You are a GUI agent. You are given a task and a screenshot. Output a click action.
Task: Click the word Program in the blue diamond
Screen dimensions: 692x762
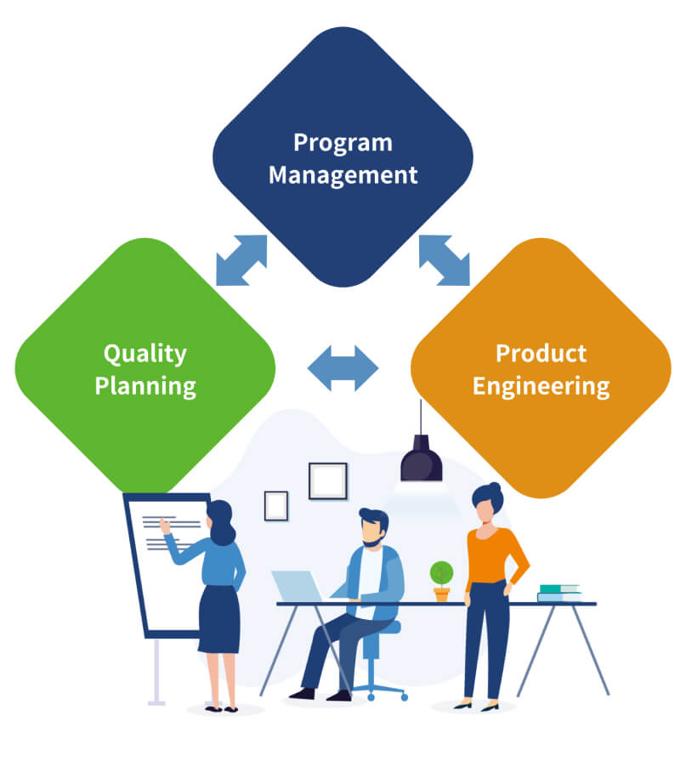point(343,144)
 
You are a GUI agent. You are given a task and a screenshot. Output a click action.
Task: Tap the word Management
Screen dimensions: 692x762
point(343,175)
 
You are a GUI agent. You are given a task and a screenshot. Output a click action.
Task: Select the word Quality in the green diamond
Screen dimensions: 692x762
point(145,355)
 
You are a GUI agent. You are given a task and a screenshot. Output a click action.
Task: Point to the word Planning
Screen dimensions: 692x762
point(145,387)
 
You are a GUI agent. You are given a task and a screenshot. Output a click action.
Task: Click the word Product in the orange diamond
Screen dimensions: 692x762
point(541,353)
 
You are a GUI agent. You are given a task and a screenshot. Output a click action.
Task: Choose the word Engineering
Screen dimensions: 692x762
point(541,387)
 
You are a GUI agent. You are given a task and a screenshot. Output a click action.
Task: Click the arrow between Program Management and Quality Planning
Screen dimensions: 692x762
point(241,260)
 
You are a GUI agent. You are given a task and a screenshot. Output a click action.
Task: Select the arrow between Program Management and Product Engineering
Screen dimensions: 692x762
point(444,260)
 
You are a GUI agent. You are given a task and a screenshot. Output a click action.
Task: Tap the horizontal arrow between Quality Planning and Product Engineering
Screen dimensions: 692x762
point(343,368)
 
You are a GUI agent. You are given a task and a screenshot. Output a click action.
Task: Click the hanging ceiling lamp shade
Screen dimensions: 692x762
point(422,458)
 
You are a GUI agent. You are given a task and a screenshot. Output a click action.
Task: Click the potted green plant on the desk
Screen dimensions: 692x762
point(442,581)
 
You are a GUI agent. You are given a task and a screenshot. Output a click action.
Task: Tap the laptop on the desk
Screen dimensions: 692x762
point(298,587)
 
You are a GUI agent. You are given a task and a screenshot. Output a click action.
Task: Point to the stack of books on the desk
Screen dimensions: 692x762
point(559,594)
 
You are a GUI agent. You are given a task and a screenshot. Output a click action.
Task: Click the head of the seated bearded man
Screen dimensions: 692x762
point(373,528)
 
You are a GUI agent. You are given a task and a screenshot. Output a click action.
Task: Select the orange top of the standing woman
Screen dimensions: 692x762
point(491,556)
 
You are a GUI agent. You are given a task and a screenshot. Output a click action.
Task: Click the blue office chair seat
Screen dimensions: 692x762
point(384,627)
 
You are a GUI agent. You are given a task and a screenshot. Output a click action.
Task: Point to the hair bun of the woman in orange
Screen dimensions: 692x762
point(494,487)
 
